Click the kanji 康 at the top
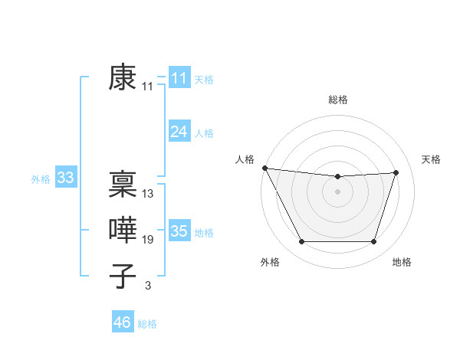coord(123,78)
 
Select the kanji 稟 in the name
coord(123,184)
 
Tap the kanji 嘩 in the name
coord(123,230)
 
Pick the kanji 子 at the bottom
coord(123,276)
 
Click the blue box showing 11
coord(179,78)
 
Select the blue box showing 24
coord(179,132)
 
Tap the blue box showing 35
coord(179,231)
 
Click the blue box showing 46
coord(123,322)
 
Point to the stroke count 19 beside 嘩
coord(148,240)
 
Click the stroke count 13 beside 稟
coord(148,194)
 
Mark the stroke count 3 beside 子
coord(148,286)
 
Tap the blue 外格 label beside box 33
coord(41,179)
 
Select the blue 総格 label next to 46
coord(147,323)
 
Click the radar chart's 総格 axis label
coord(337,100)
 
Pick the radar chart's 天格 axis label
coord(432,159)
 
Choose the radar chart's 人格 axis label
coord(244,159)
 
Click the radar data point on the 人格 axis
coord(264,168)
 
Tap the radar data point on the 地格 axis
coord(373,242)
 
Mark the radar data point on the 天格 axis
coord(396,172)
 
